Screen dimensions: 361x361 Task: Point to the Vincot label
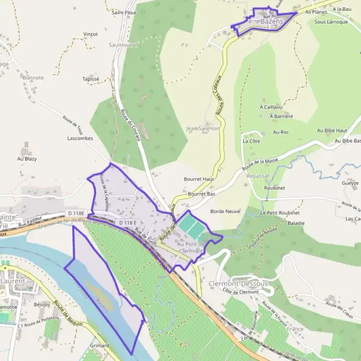(x=91, y=34)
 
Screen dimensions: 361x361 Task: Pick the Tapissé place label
(x=90, y=79)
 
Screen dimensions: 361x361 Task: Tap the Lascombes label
(x=80, y=138)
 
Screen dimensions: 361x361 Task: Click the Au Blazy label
(x=27, y=159)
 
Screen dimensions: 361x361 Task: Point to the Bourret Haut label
(x=199, y=179)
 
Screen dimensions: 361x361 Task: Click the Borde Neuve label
(x=225, y=212)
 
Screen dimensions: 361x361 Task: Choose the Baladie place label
(x=296, y=223)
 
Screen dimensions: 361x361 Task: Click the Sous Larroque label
(x=331, y=22)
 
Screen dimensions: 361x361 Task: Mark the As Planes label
(x=316, y=11)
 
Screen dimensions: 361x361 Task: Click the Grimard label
(x=99, y=346)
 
